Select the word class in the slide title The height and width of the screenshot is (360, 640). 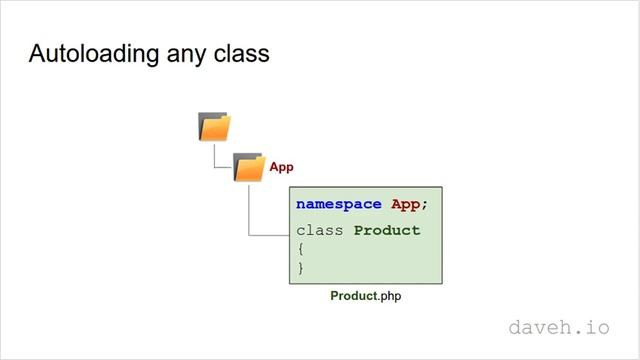[239, 54]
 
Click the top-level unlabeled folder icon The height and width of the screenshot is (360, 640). [214, 127]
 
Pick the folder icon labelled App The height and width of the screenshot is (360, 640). [248, 167]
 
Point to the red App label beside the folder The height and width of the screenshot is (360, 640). [282, 168]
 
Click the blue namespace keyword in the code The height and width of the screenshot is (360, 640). [339, 204]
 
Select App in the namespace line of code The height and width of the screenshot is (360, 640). [405, 204]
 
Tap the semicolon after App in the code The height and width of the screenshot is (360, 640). [424, 205]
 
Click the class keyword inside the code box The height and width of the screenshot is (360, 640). [320, 230]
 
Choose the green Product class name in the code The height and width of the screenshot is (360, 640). [387, 230]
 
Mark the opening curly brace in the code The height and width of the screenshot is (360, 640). [300, 249]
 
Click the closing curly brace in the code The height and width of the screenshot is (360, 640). [300, 268]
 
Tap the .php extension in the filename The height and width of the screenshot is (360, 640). [390, 297]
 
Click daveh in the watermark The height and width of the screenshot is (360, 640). [544, 327]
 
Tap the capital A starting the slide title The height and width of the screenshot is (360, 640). [37, 54]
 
